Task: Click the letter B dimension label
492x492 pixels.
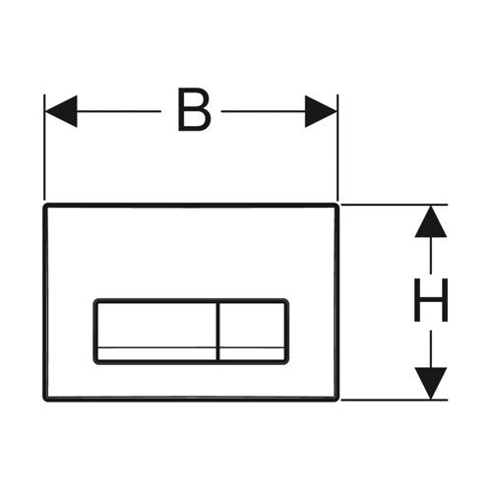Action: click(x=194, y=110)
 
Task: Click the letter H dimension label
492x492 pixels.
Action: click(x=431, y=300)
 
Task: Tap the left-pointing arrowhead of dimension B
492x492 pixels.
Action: click(x=61, y=111)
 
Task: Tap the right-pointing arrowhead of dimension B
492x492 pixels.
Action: click(x=321, y=111)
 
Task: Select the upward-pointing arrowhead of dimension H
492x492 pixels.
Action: click(x=431, y=221)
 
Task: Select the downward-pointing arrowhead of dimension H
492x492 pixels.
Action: click(x=431, y=383)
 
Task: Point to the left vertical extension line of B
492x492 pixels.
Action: click(x=44, y=147)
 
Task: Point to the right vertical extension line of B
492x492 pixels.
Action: click(x=338, y=147)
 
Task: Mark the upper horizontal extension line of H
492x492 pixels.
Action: click(x=395, y=205)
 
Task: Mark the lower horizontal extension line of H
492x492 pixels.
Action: click(x=395, y=400)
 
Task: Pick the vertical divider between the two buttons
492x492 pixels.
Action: click(x=216, y=332)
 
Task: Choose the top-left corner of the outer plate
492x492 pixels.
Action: click(x=45, y=206)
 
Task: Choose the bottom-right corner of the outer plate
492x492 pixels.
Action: click(x=337, y=400)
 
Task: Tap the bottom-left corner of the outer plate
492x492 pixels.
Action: click(x=45, y=400)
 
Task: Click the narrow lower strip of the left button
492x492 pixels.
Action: click(x=156, y=353)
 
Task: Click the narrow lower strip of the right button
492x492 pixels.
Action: click(x=252, y=353)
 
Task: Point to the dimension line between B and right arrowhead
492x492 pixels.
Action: click(x=263, y=111)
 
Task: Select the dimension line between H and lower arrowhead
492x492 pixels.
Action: click(x=431, y=349)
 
